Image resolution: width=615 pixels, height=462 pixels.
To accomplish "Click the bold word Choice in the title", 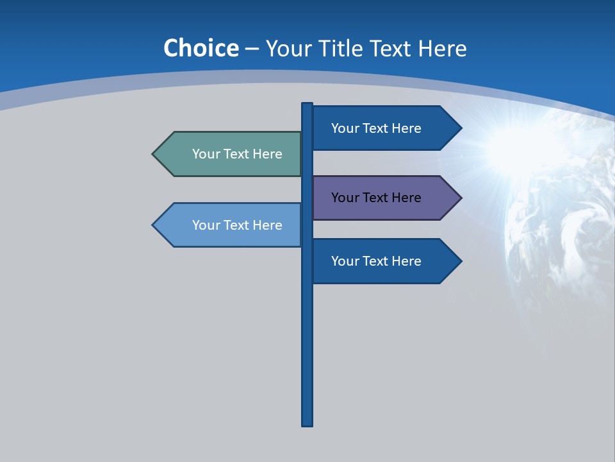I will (x=201, y=49).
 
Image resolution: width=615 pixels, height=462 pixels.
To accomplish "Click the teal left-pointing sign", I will (x=231, y=154).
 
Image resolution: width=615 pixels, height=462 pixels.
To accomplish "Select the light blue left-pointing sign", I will (x=231, y=225).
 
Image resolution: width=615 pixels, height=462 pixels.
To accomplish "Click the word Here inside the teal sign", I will (x=268, y=154).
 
